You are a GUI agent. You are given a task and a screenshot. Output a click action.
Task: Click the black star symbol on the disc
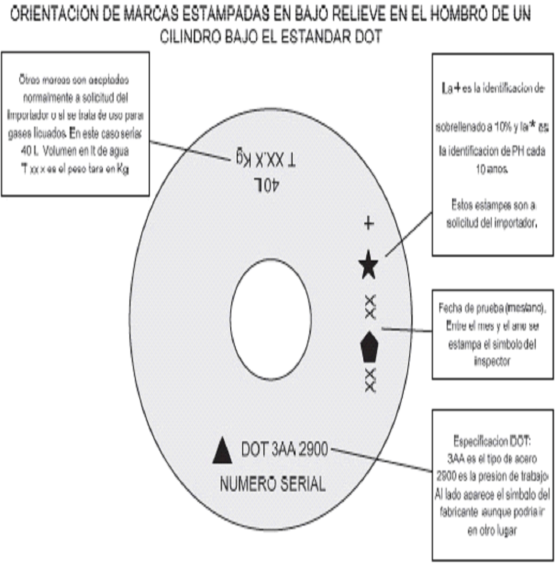coord(368,265)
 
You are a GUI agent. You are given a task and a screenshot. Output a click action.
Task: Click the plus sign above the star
coord(368,224)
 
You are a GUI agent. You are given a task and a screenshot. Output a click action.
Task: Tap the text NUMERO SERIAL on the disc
coord(272,484)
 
